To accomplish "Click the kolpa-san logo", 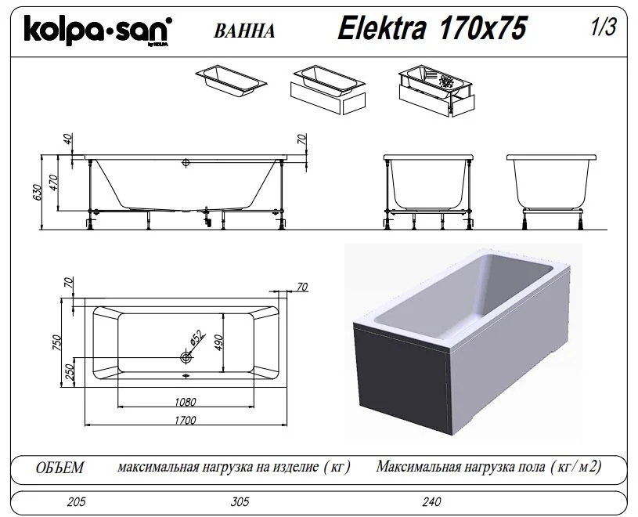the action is (98, 30).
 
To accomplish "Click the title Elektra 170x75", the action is (432, 27).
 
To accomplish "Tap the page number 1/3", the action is (604, 27).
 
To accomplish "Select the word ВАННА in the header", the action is (244, 31).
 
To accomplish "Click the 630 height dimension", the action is (37, 192).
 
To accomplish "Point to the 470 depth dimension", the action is (54, 183).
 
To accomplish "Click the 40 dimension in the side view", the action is (68, 139).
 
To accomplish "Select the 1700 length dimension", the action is (185, 420).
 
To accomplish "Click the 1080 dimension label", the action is (185, 402).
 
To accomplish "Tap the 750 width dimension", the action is (56, 343).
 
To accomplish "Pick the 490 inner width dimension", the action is (218, 342).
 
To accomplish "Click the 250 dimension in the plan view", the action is (70, 372).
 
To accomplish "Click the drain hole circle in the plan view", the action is (186, 357).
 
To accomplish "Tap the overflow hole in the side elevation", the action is (186, 163).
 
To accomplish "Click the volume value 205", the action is (77, 501).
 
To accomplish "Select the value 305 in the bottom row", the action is (240, 501).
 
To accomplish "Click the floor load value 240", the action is (431, 501).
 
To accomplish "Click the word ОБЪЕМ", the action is (59, 468).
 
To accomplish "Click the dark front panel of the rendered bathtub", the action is (401, 374).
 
